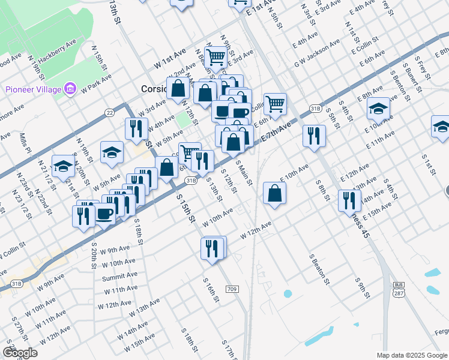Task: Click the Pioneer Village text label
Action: coord(33,89)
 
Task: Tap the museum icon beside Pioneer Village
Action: coord(71,89)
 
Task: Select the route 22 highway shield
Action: coord(109,112)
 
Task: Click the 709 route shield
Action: coord(232,289)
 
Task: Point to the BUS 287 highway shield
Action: coord(399,288)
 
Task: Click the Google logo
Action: coord(20,353)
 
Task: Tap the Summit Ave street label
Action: coord(119,276)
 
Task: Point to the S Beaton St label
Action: coord(320,269)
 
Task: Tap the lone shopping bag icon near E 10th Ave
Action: coord(274,193)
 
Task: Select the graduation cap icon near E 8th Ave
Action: coord(378,109)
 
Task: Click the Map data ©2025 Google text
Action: coord(411,355)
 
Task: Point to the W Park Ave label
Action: coord(97,83)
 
